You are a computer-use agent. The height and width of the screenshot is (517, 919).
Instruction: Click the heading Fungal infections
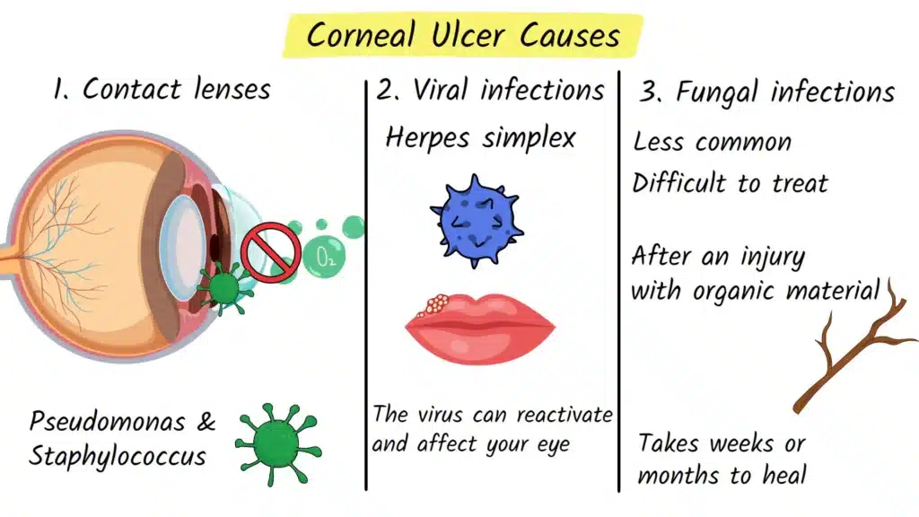(767, 92)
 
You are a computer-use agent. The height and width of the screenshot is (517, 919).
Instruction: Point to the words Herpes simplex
(479, 138)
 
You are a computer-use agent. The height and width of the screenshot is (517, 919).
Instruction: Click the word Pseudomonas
(107, 422)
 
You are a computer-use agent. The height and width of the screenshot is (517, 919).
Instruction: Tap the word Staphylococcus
(117, 455)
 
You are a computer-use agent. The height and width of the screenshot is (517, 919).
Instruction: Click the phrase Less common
(713, 142)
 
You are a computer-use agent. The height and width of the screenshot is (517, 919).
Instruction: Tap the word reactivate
(558, 416)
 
